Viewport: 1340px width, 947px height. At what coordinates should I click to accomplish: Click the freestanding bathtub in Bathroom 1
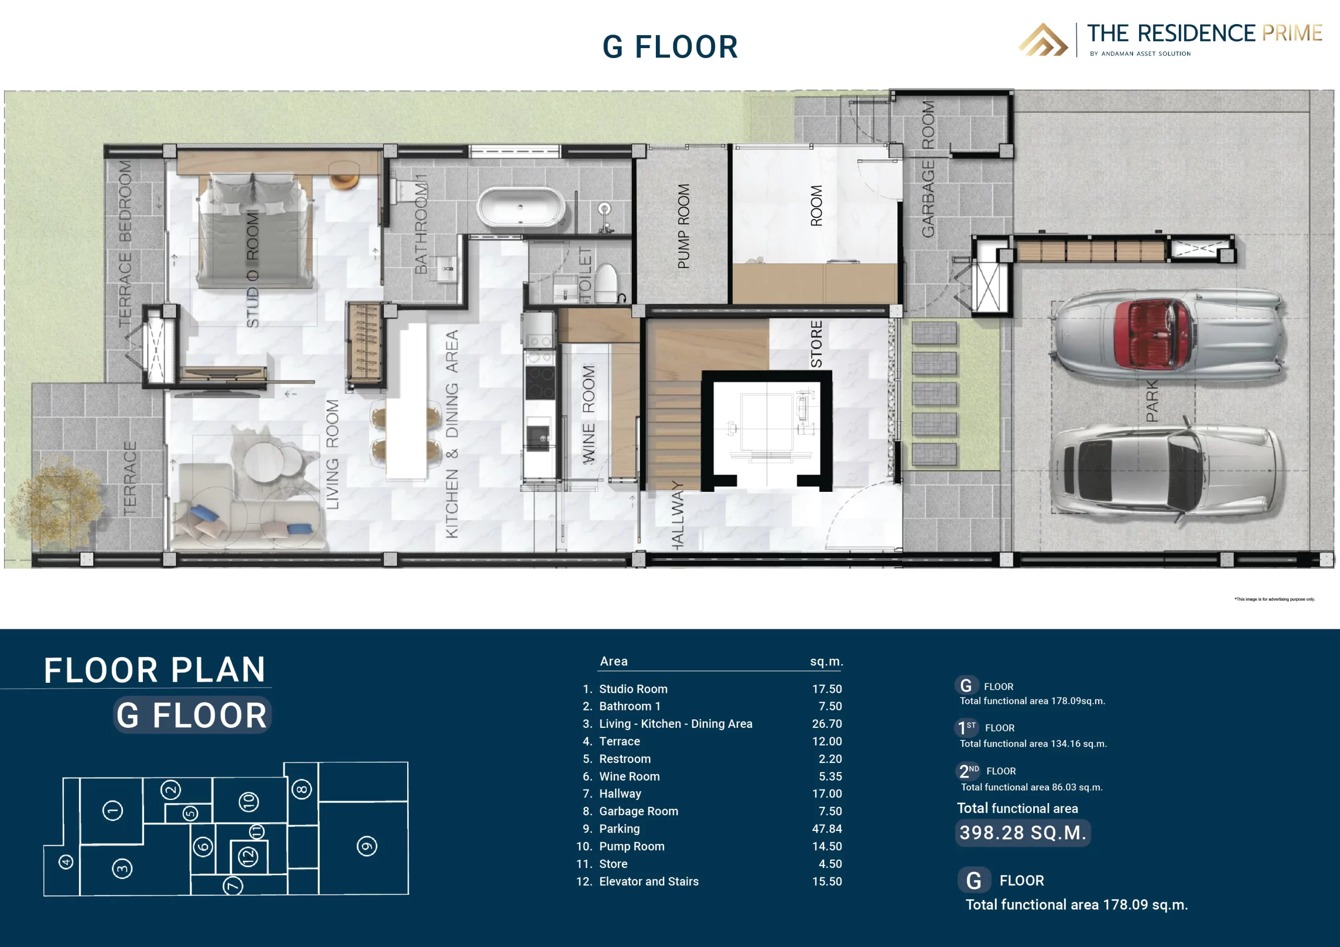click(x=520, y=207)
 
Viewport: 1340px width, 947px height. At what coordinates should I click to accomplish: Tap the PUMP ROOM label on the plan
click(x=684, y=227)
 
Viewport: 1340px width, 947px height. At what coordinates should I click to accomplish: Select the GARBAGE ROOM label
click(x=928, y=169)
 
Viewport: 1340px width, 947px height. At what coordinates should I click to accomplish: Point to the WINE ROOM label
click(x=588, y=414)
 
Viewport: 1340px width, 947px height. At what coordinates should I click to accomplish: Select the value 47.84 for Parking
click(x=827, y=829)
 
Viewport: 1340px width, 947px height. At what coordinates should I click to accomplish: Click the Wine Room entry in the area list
click(x=629, y=776)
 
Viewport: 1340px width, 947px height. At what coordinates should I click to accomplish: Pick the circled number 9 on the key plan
click(x=366, y=846)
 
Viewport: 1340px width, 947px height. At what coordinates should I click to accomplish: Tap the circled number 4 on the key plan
click(x=66, y=861)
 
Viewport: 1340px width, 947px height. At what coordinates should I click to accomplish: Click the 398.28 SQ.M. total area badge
click(x=1022, y=832)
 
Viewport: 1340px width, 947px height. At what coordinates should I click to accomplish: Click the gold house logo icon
click(x=1043, y=40)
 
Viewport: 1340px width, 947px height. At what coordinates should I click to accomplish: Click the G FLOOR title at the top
click(x=670, y=47)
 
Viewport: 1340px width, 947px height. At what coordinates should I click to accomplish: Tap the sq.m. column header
click(x=827, y=661)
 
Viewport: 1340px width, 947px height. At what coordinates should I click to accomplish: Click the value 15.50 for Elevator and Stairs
click(x=827, y=881)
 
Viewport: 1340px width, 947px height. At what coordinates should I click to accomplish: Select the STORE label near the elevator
click(x=817, y=344)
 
